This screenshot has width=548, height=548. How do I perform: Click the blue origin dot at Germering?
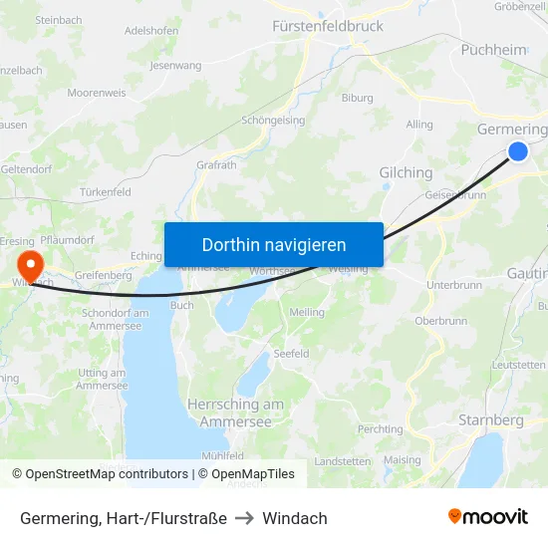518,150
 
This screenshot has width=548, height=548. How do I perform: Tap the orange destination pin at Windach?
30,264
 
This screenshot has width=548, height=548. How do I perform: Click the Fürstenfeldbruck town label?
328,27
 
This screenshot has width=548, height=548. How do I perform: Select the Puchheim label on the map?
493,49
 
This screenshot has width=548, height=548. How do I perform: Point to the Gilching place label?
406,172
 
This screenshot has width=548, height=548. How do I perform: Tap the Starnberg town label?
490,420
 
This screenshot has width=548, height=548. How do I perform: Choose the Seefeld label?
291,354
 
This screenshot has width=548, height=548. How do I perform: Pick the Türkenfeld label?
105,191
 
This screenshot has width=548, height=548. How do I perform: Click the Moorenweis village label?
97,93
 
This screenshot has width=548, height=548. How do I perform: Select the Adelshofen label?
151,31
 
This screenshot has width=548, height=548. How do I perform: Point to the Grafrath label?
216,165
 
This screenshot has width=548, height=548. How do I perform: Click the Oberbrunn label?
439,321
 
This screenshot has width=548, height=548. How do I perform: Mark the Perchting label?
380,428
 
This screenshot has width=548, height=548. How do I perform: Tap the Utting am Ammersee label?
102,378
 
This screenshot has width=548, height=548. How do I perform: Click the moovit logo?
487,516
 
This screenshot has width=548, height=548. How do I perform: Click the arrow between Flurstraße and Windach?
245,518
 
